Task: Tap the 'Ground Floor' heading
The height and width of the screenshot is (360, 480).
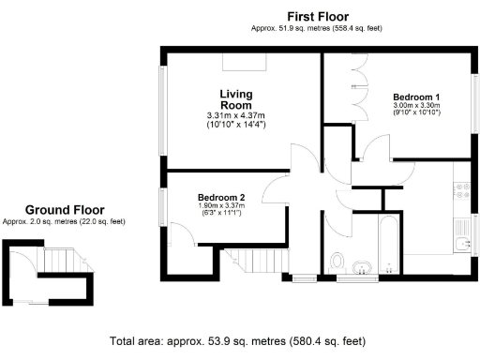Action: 65,210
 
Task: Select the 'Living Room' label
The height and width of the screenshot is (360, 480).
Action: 236,99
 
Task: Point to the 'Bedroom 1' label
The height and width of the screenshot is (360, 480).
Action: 416,97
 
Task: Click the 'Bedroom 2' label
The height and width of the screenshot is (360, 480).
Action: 221,197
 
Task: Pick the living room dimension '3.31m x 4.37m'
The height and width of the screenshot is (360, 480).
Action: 236,115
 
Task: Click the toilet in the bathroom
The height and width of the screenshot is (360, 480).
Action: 338,259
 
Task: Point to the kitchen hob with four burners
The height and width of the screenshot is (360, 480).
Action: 461,191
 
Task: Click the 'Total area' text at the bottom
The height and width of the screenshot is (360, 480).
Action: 238,341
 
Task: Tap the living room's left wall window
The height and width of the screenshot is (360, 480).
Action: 161,103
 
